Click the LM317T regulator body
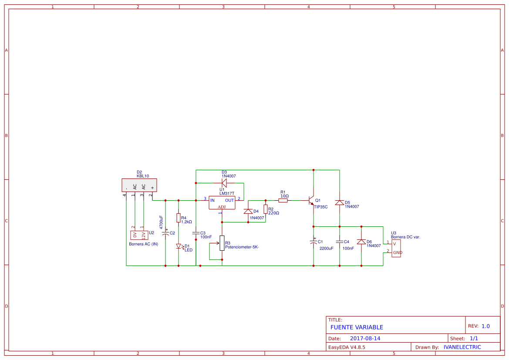point(222,202)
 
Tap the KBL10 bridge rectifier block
point(139,185)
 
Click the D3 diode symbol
point(224,183)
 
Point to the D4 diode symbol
point(248,212)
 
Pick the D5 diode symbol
point(340,202)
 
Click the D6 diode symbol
point(361,242)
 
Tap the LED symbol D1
point(178,246)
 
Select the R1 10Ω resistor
point(284,200)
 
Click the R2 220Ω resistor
point(266,209)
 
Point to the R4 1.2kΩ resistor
point(178,218)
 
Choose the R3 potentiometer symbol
point(222,243)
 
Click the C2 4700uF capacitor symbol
point(165,233)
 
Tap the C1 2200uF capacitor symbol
point(313,242)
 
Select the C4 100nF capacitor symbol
point(340,242)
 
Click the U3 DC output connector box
point(396,248)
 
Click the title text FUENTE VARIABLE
point(357,327)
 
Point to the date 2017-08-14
point(365,338)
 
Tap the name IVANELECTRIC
point(462,347)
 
